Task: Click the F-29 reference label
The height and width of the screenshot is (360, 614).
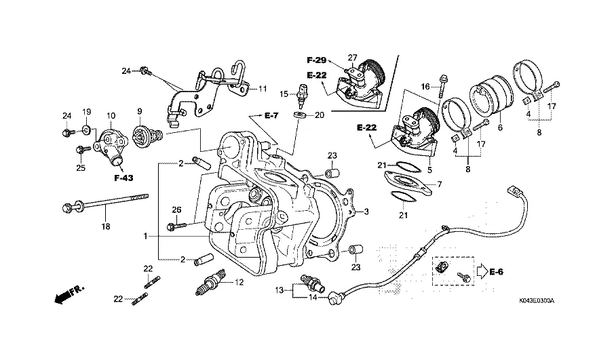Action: pos(316,60)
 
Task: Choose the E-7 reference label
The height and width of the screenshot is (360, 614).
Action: pos(271,117)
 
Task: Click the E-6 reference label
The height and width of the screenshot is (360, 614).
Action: pos(498,273)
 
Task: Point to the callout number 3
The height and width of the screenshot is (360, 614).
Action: pos(366,211)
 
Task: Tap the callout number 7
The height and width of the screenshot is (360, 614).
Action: pos(439,184)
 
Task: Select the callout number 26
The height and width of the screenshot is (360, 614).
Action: pos(176,209)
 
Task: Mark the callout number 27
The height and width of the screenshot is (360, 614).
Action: pos(352,57)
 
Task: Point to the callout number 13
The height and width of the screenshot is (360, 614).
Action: pos(278,289)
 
